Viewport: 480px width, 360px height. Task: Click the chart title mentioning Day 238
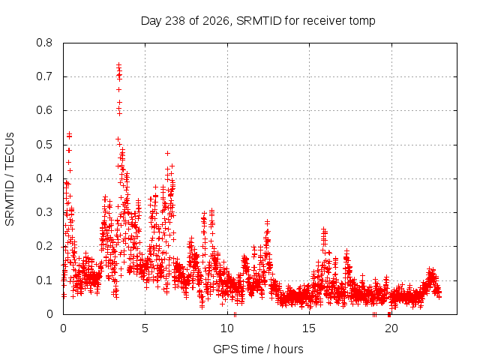point(258,21)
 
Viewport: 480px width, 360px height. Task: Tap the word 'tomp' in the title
point(361,21)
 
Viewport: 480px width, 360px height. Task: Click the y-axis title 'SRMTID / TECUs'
point(10,179)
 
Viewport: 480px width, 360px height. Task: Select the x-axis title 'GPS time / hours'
point(258,349)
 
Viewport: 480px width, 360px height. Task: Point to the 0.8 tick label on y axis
point(44,43)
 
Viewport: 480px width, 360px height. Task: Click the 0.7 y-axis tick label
point(44,76)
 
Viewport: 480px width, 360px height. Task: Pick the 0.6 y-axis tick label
point(44,110)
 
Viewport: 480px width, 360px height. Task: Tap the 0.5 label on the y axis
point(44,145)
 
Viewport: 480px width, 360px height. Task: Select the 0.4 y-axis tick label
point(44,178)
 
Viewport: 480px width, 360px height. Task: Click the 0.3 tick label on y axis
point(44,212)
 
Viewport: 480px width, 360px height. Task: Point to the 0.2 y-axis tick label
point(44,247)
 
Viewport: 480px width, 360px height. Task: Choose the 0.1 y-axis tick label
point(44,280)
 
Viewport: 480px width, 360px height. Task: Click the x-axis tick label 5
point(145,328)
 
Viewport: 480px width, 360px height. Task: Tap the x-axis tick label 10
point(227,328)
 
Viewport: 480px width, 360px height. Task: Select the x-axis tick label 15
point(309,328)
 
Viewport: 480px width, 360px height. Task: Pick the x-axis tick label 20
point(391,328)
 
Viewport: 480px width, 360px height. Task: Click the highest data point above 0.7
point(118,65)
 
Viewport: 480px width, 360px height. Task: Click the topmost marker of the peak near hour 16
point(323,229)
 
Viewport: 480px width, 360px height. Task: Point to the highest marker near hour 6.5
point(167,153)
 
